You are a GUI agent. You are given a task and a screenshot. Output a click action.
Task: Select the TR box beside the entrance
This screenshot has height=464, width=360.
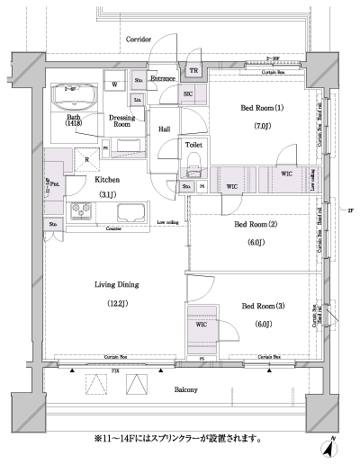tap(193, 71)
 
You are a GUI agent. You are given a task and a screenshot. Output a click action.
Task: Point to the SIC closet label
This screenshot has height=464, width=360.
tap(189, 94)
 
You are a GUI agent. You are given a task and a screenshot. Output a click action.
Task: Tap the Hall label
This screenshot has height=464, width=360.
tap(166, 129)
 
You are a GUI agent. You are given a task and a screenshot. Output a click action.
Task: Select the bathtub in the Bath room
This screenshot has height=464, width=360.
tap(75, 95)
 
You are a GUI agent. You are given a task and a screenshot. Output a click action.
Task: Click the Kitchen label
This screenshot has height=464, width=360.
tap(107, 180)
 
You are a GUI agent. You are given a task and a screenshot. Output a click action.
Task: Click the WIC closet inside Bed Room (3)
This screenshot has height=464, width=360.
tap(201, 325)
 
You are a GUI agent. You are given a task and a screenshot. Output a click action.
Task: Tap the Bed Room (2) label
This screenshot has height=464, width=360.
tap(255, 223)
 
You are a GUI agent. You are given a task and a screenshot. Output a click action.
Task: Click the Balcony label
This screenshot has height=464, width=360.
tap(185, 389)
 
